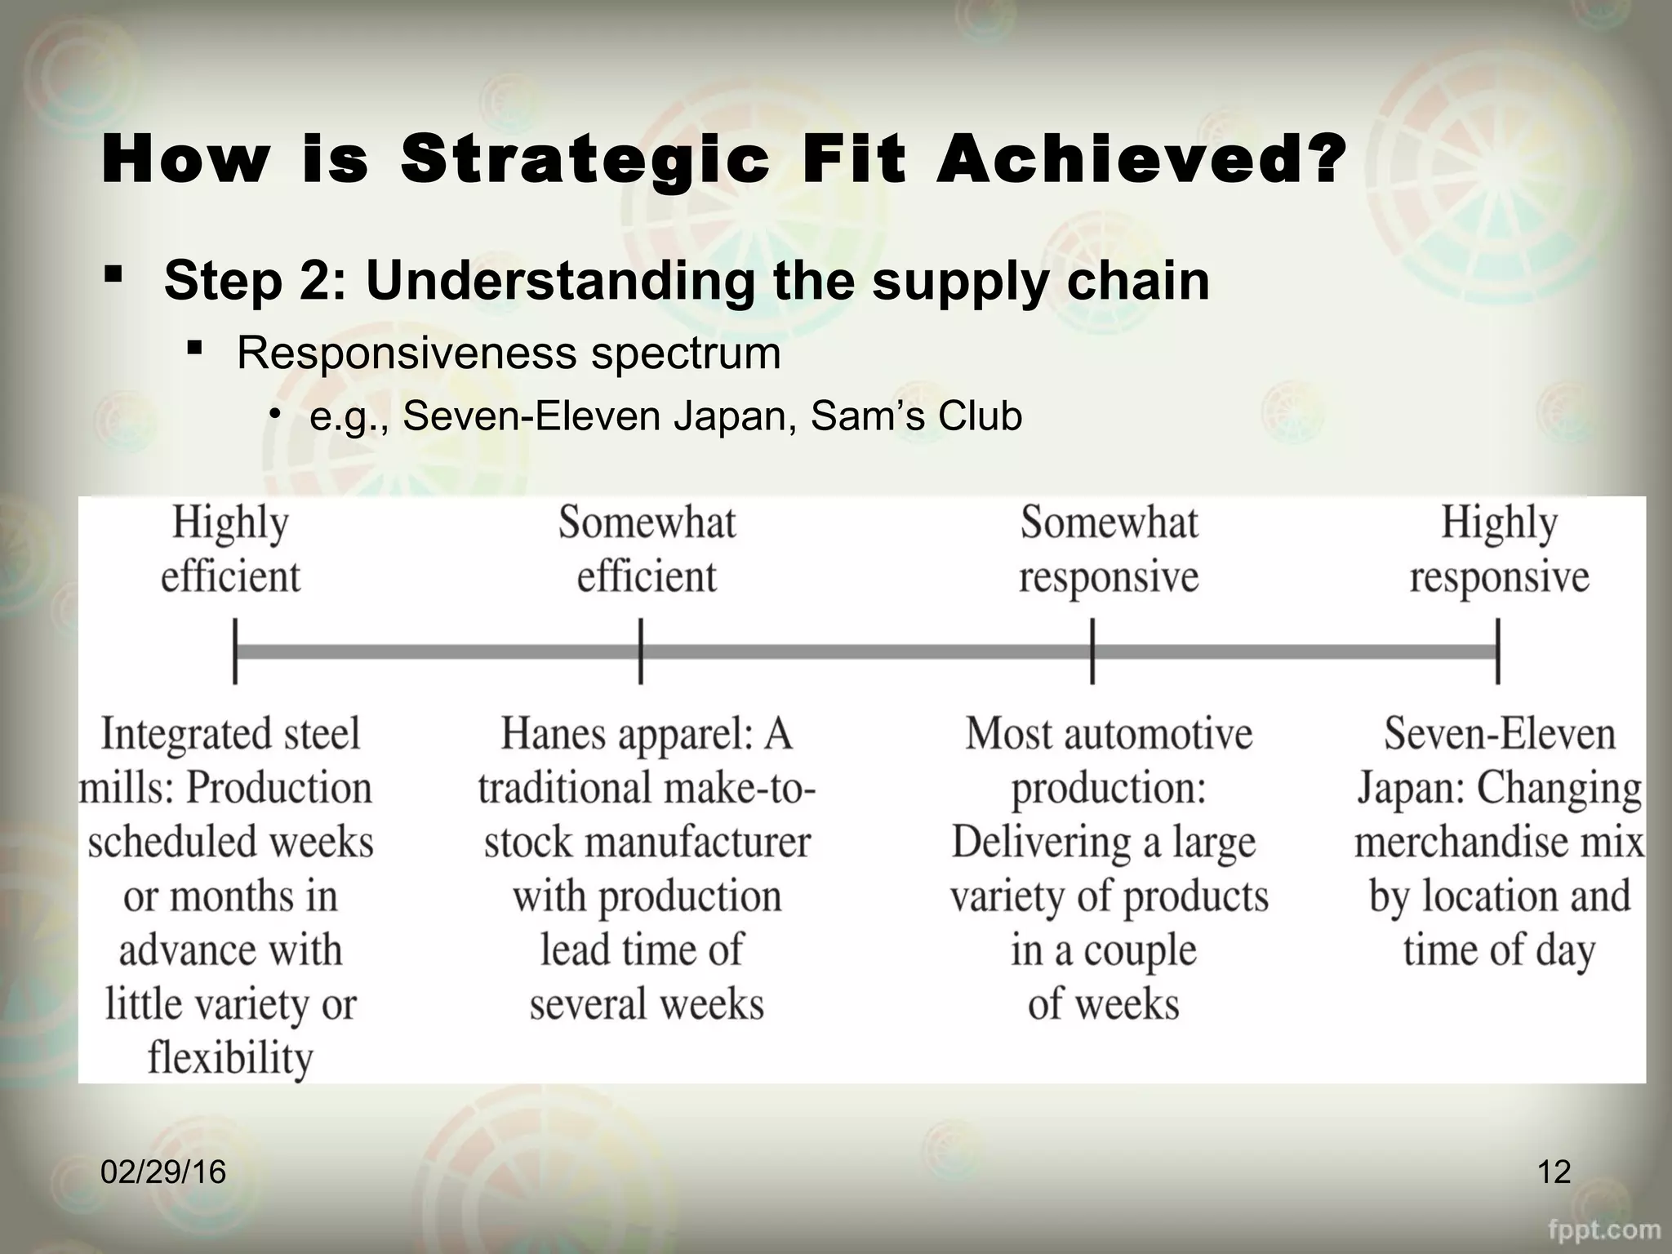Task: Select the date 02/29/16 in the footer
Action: click(163, 1172)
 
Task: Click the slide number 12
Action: click(1554, 1172)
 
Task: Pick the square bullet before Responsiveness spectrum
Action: click(194, 349)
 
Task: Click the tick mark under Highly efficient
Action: click(235, 651)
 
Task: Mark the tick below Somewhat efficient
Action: click(641, 651)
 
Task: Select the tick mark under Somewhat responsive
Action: click(1092, 651)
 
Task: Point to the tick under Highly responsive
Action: click(1498, 651)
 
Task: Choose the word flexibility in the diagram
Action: click(230, 1058)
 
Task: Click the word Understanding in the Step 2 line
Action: click(559, 281)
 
